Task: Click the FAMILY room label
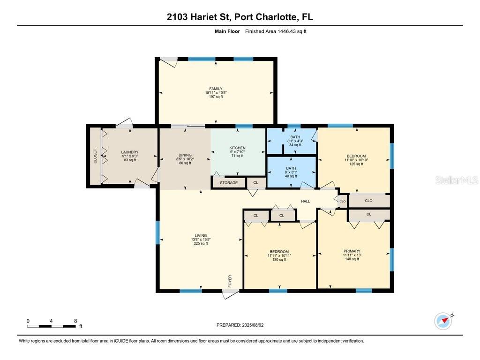(216, 89)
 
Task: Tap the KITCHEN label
(238, 148)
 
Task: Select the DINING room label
(185, 155)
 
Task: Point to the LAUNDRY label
(130, 152)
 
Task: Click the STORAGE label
(229, 183)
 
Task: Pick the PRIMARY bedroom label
(352, 251)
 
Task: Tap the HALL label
(306, 202)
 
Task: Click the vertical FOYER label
(230, 281)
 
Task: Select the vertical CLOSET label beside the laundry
(95, 156)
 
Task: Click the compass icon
(443, 321)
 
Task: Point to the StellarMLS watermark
(457, 180)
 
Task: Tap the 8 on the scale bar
(75, 321)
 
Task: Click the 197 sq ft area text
(216, 97)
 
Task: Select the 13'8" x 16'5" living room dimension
(201, 240)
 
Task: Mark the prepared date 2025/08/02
(253, 325)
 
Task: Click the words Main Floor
(227, 31)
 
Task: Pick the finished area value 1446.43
(286, 31)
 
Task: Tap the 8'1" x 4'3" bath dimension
(295, 141)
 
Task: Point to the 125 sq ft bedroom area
(356, 164)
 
